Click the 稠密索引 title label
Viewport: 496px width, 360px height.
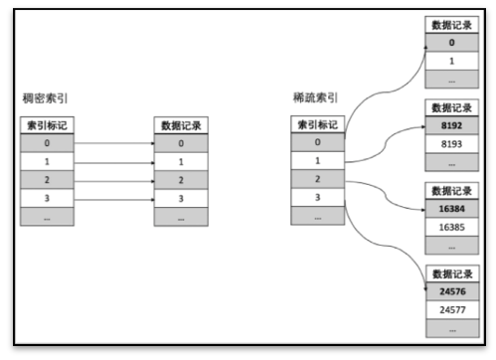(43, 98)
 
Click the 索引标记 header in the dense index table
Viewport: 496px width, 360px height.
(48, 124)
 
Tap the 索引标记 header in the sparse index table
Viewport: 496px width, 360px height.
(319, 124)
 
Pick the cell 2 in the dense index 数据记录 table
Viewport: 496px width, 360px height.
(182, 180)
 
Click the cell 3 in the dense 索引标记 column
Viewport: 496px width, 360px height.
(48, 199)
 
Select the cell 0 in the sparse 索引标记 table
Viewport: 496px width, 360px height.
(319, 142)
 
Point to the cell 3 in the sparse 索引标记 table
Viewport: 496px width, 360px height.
(319, 198)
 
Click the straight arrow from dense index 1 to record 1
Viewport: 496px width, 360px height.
(114, 161)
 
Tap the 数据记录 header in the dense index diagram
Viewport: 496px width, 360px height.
(182, 124)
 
